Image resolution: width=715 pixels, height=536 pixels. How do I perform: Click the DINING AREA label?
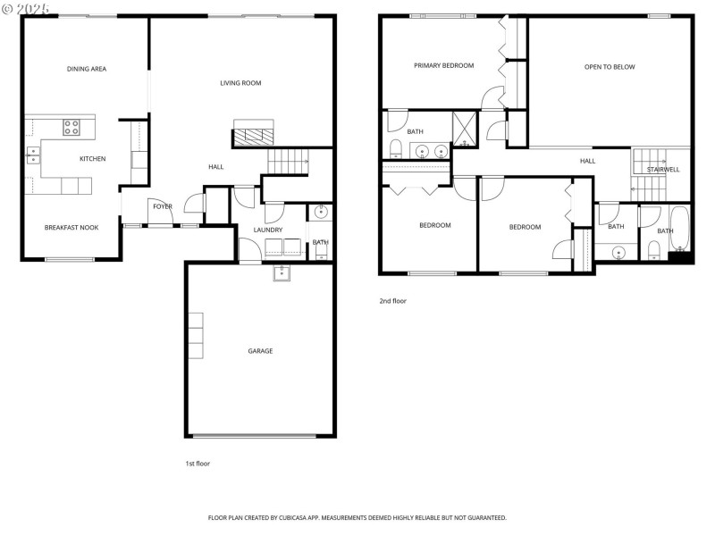87,69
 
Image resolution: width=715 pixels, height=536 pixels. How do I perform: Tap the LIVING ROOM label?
240,83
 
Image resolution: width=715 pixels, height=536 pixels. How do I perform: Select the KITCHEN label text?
92,159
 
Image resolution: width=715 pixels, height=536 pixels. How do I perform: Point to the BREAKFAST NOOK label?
71,228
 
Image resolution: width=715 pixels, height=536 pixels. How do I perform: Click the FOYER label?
162,206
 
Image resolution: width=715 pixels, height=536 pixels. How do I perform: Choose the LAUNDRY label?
268,230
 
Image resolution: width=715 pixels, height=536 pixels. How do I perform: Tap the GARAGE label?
260,351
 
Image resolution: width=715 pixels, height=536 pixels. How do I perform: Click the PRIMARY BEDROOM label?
443,65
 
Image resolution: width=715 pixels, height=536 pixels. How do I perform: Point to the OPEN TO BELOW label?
610,67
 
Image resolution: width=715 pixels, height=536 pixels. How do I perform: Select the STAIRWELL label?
663,169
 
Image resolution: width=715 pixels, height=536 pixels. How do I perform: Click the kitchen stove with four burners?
72,128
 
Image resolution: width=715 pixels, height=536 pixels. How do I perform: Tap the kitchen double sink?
33,157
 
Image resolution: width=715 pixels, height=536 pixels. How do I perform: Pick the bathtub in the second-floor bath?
679,230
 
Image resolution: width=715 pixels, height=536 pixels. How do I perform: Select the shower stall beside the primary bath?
465,127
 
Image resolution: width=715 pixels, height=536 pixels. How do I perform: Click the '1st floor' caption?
197,464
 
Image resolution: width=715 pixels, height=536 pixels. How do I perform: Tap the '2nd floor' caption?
392,301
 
